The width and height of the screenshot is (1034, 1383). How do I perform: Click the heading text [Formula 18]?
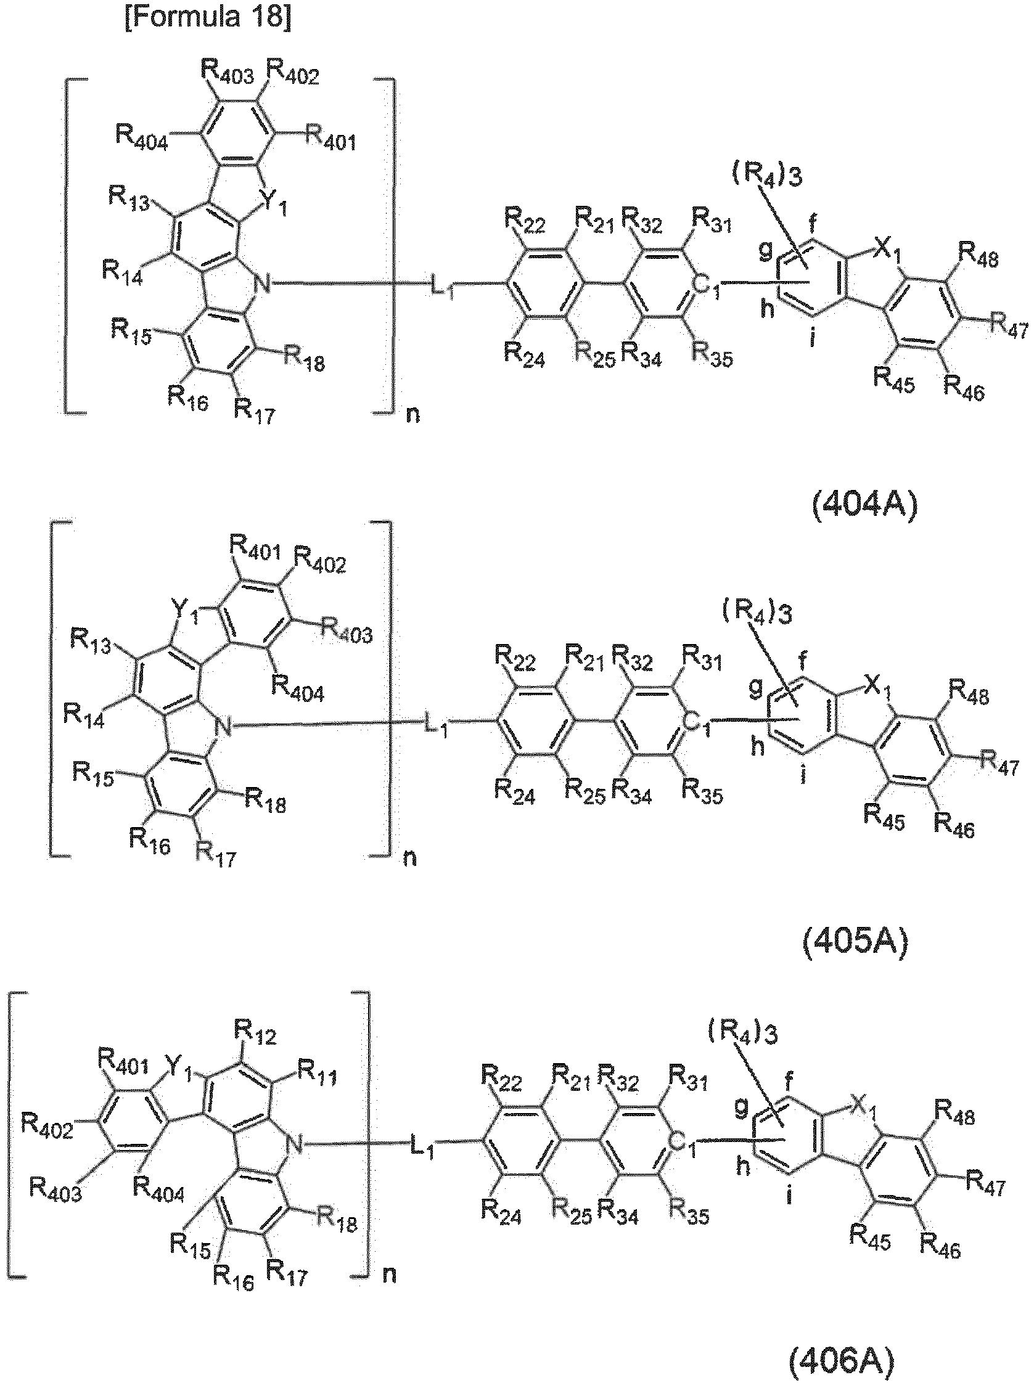tap(208, 16)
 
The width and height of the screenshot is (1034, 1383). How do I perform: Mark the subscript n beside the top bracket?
tap(412, 415)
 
